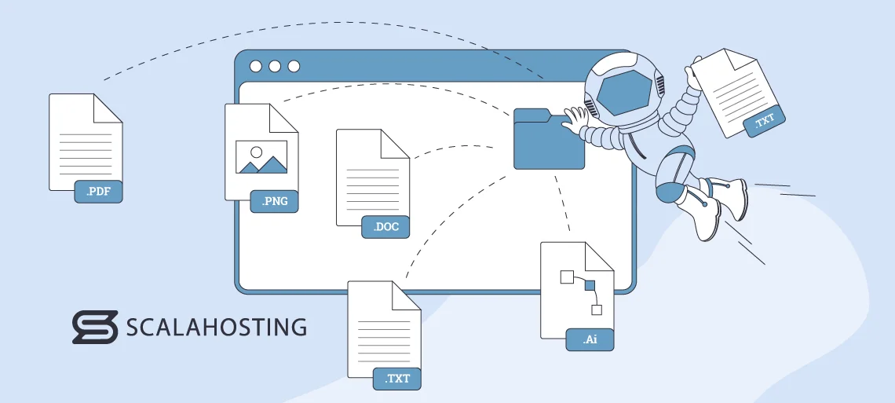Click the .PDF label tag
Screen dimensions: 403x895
(98, 192)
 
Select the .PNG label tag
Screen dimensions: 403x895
(275, 202)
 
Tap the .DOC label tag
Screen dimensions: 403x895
(385, 227)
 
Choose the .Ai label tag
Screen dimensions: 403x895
(590, 339)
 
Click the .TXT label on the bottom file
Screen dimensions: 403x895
(397, 379)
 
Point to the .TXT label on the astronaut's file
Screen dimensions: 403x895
(764, 121)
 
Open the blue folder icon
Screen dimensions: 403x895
(549, 141)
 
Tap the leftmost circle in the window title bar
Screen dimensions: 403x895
(256, 66)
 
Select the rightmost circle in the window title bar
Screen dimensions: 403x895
(294, 66)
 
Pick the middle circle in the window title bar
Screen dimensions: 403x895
(275, 66)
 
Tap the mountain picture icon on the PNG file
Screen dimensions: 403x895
(261, 157)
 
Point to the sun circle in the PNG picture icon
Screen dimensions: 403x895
(255, 150)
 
